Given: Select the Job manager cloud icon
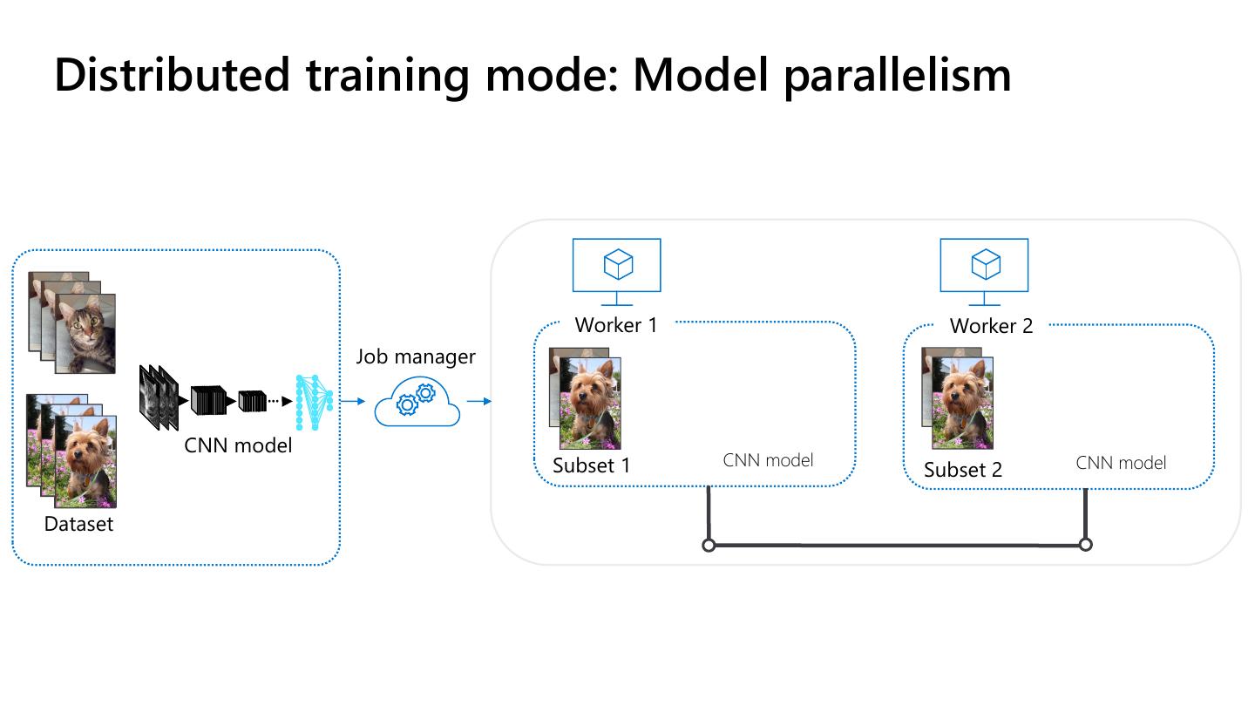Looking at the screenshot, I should [417, 402].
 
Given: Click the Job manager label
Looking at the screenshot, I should [416, 356].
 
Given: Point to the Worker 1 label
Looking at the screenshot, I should [616, 325].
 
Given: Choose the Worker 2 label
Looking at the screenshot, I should [991, 326].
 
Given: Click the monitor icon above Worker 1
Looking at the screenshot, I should [616, 266].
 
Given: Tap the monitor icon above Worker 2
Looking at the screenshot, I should [984, 266].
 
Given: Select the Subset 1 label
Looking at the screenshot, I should [591, 465].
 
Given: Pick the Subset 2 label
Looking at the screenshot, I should [963, 470].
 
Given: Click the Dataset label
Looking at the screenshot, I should [78, 524].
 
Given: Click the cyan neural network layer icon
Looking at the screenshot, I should [313, 402].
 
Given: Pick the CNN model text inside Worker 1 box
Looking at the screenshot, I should [768, 460].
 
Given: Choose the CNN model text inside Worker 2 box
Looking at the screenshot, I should [1121, 463].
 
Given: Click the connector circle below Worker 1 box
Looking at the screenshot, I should [709, 546].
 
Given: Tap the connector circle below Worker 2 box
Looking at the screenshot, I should [1085, 545].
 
